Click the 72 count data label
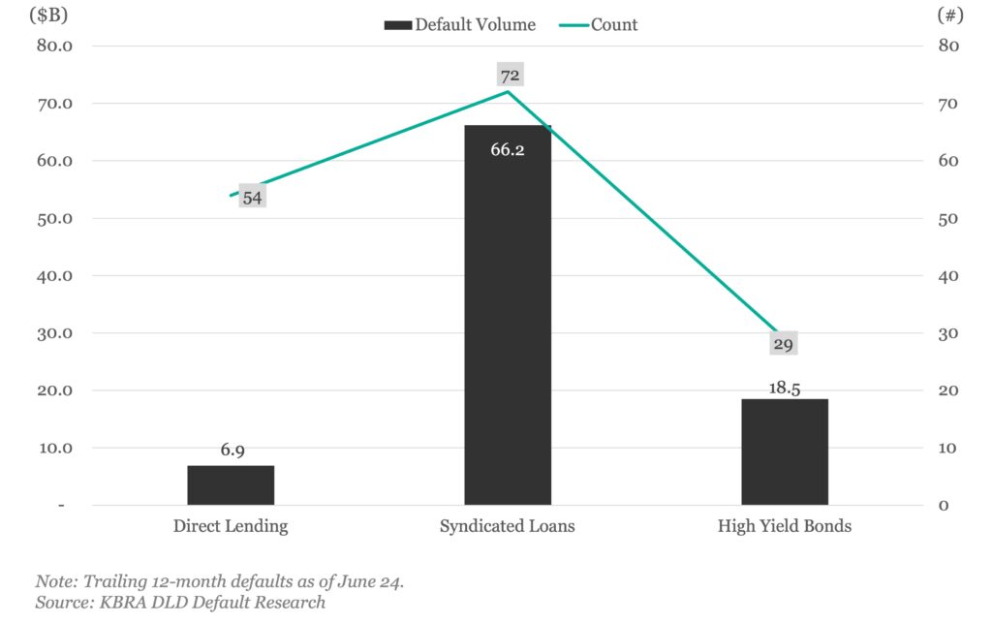pyautogui.click(x=509, y=75)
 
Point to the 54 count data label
pyautogui.click(x=252, y=198)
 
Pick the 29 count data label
pyautogui.click(x=784, y=344)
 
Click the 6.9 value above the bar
pyautogui.click(x=231, y=451)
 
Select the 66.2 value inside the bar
pyautogui.click(x=508, y=150)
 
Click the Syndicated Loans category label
pyautogui.click(x=508, y=527)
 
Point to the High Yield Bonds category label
pyautogui.click(x=785, y=527)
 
